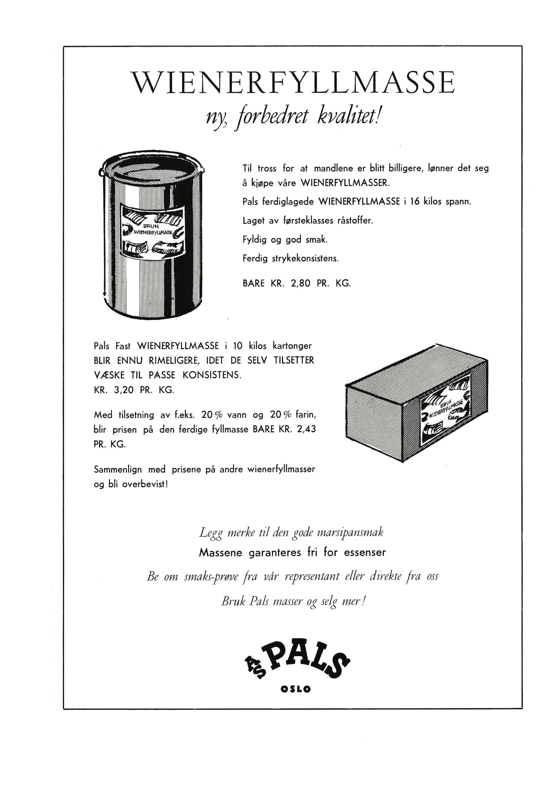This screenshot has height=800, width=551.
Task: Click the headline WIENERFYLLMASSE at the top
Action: [294, 83]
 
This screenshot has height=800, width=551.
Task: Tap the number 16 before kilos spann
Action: [415, 202]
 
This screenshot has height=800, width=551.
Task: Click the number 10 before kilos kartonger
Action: [238, 346]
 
